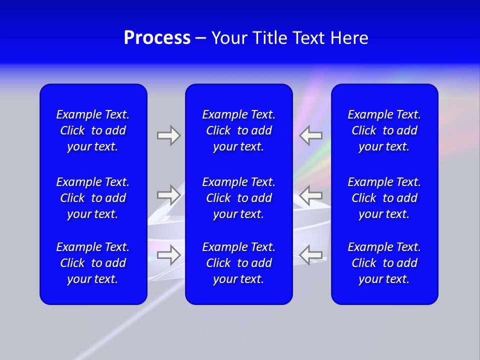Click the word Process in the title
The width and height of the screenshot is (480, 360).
[157, 38]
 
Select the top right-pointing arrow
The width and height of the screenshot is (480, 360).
[168, 135]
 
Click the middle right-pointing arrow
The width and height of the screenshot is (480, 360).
[168, 194]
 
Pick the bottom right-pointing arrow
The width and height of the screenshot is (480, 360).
[168, 254]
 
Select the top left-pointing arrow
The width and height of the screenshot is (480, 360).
[311, 135]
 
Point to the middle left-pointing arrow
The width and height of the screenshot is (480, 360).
[311, 194]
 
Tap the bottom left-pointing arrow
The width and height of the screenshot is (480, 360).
[311, 254]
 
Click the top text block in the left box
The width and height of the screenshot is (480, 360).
[93, 130]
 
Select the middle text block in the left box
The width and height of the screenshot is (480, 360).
[93, 198]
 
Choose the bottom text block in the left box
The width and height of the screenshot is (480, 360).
[93, 263]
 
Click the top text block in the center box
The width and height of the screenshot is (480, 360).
[239, 130]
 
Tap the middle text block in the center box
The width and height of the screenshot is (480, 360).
[239, 198]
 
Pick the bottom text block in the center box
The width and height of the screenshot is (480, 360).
[239, 263]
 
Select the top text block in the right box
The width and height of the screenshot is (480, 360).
[384, 130]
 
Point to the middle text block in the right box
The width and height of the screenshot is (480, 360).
[384, 198]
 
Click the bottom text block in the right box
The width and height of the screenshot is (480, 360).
[384, 263]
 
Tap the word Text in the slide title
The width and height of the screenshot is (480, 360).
[308, 38]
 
